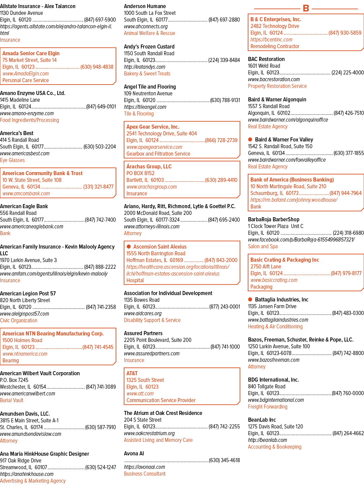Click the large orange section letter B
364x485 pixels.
pyautogui.click(x=306, y=8)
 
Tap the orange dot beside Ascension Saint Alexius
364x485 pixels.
pyautogui.click(x=129, y=246)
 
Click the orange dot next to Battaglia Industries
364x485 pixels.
pyautogui.click(x=250, y=299)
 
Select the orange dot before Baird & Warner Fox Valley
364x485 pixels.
pyautogui.click(x=250, y=139)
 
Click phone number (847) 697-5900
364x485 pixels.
pyautogui.click(x=100, y=20)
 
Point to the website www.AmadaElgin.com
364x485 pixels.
pyautogui.click(x=26, y=73)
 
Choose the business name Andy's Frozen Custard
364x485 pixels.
pyautogui.click(x=149, y=46)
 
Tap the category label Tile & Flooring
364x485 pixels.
pyautogui.click(x=139, y=114)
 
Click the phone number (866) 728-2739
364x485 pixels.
pyautogui.click(x=221, y=140)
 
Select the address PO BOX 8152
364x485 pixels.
pyautogui.click(x=140, y=173)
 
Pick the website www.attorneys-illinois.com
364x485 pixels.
pyautogui.click(x=152, y=226)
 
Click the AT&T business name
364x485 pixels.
pyautogui.click(x=132, y=373)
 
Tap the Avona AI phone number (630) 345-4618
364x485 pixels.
pyautogui.click(x=224, y=460)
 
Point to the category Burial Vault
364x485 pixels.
pyautogui.click(x=11, y=400)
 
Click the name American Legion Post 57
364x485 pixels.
pyautogui.click(x=28, y=293)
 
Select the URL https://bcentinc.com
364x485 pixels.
pyautogui.click(x=271, y=39)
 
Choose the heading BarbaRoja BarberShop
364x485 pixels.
pyautogui.click(x=274, y=219)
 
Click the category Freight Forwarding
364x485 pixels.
pyautogui.click(x=268, y=407)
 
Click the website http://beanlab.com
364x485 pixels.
pyautogui.click(x=267, y=440)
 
